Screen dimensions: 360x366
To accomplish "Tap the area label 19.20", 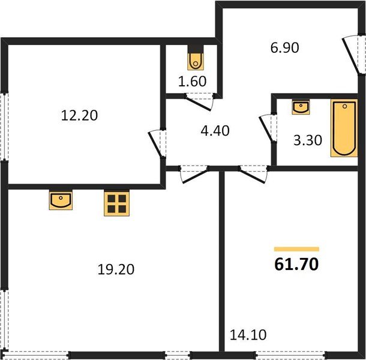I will coord(116,269).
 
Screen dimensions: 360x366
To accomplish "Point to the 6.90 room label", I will coord(285,47).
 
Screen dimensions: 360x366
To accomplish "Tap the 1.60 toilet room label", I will coord(193,82).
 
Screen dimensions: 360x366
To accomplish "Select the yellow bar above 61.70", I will coord(296,248).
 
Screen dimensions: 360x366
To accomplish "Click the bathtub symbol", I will coord(344,128).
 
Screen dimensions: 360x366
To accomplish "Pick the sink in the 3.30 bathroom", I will coord(301,107).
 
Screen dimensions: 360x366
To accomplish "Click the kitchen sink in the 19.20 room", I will coord(61,200).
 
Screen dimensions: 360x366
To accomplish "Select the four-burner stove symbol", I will coord(117,203).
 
